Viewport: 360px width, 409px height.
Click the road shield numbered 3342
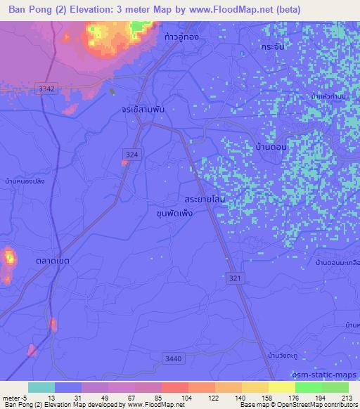click(x=46, y=87)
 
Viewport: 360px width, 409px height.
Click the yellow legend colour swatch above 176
click(x=282, y=387)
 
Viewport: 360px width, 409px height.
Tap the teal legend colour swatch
click(x=41, y=387)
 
